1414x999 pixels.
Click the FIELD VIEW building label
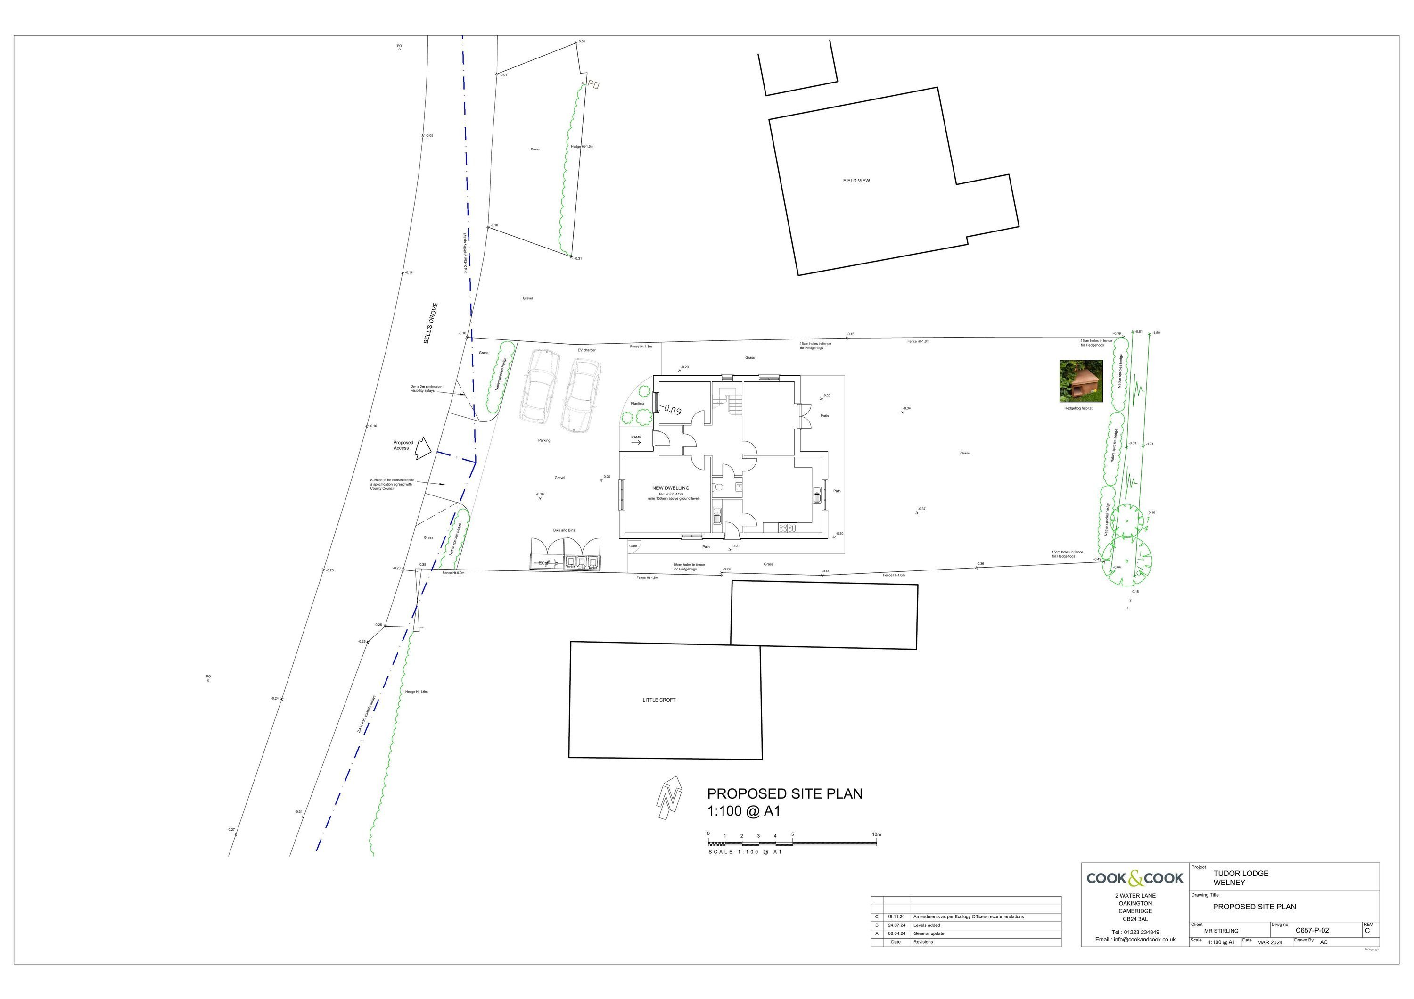(x=856, y=181)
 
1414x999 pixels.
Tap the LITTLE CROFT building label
(x=659, y=700)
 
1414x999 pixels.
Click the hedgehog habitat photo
(x=1081, y=381)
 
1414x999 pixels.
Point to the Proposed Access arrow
(x=422, y=448)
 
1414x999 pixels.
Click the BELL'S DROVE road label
(x=430, y=323)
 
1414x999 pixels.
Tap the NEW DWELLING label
(x=671, y=488)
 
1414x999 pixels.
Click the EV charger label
(x=586, y=350)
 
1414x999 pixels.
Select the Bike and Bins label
(x=564, y=530)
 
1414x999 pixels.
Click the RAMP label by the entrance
(x=636, y=438)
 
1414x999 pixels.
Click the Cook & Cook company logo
(x=1134, y=878)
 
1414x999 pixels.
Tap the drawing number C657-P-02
(x=1312, y=930)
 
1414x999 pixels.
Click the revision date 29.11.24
(x=896, y=916)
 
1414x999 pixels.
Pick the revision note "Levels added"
(x=926, y=925)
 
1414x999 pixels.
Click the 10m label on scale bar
(x=876, y=834)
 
